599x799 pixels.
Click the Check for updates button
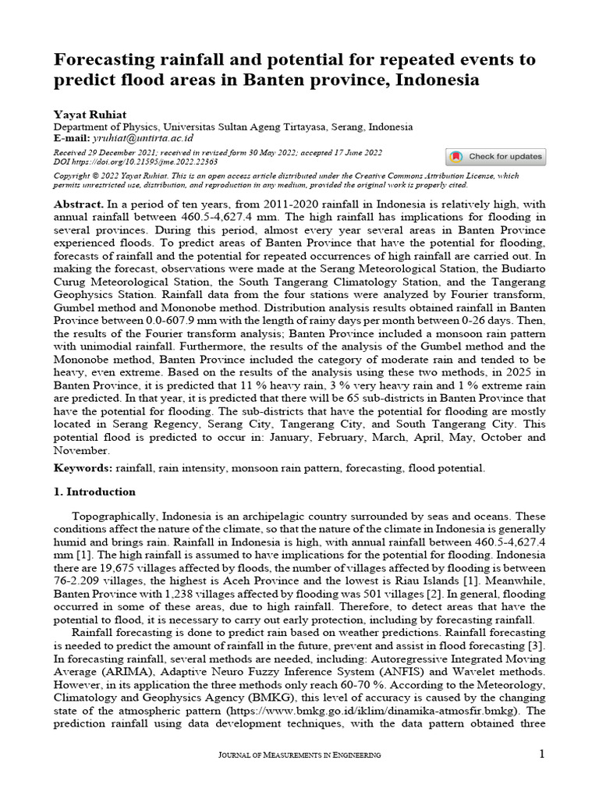coord(495,157)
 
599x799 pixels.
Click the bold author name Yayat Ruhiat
coord(85,113)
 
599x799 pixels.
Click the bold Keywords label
coord(83,468)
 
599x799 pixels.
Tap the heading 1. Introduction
coord(94,492)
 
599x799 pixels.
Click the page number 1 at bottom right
coord(541,754)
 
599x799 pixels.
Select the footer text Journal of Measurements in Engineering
coord(299,755)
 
